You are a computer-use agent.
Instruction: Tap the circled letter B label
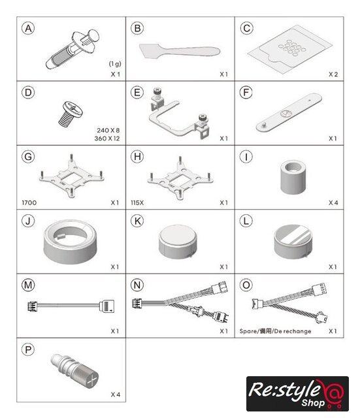[137, 28]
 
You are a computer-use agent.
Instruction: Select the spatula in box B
[180, 52]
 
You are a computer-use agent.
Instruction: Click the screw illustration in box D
[71, 114]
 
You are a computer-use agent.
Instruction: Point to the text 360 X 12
[107, 138]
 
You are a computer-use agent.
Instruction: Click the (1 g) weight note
[115, 64]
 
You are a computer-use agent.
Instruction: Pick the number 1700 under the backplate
[29, 203]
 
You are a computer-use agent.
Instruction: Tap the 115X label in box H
[137, 203]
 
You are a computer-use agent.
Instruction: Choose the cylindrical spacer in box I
[293, 177]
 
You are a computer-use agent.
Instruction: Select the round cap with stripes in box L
[293, 242]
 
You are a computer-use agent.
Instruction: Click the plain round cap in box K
[178, 242]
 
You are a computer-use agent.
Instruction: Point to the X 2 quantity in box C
[333, 74]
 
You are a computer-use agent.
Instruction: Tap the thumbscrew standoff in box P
[74, 370]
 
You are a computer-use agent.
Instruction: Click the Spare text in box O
[248, 331]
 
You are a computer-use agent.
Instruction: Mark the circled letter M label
[28, 285]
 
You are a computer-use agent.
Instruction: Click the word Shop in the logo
[313, 402]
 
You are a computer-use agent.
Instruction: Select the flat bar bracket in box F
[289, 112]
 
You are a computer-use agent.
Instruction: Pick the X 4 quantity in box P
[116, 394]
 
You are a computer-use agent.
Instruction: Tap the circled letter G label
[28, 157]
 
